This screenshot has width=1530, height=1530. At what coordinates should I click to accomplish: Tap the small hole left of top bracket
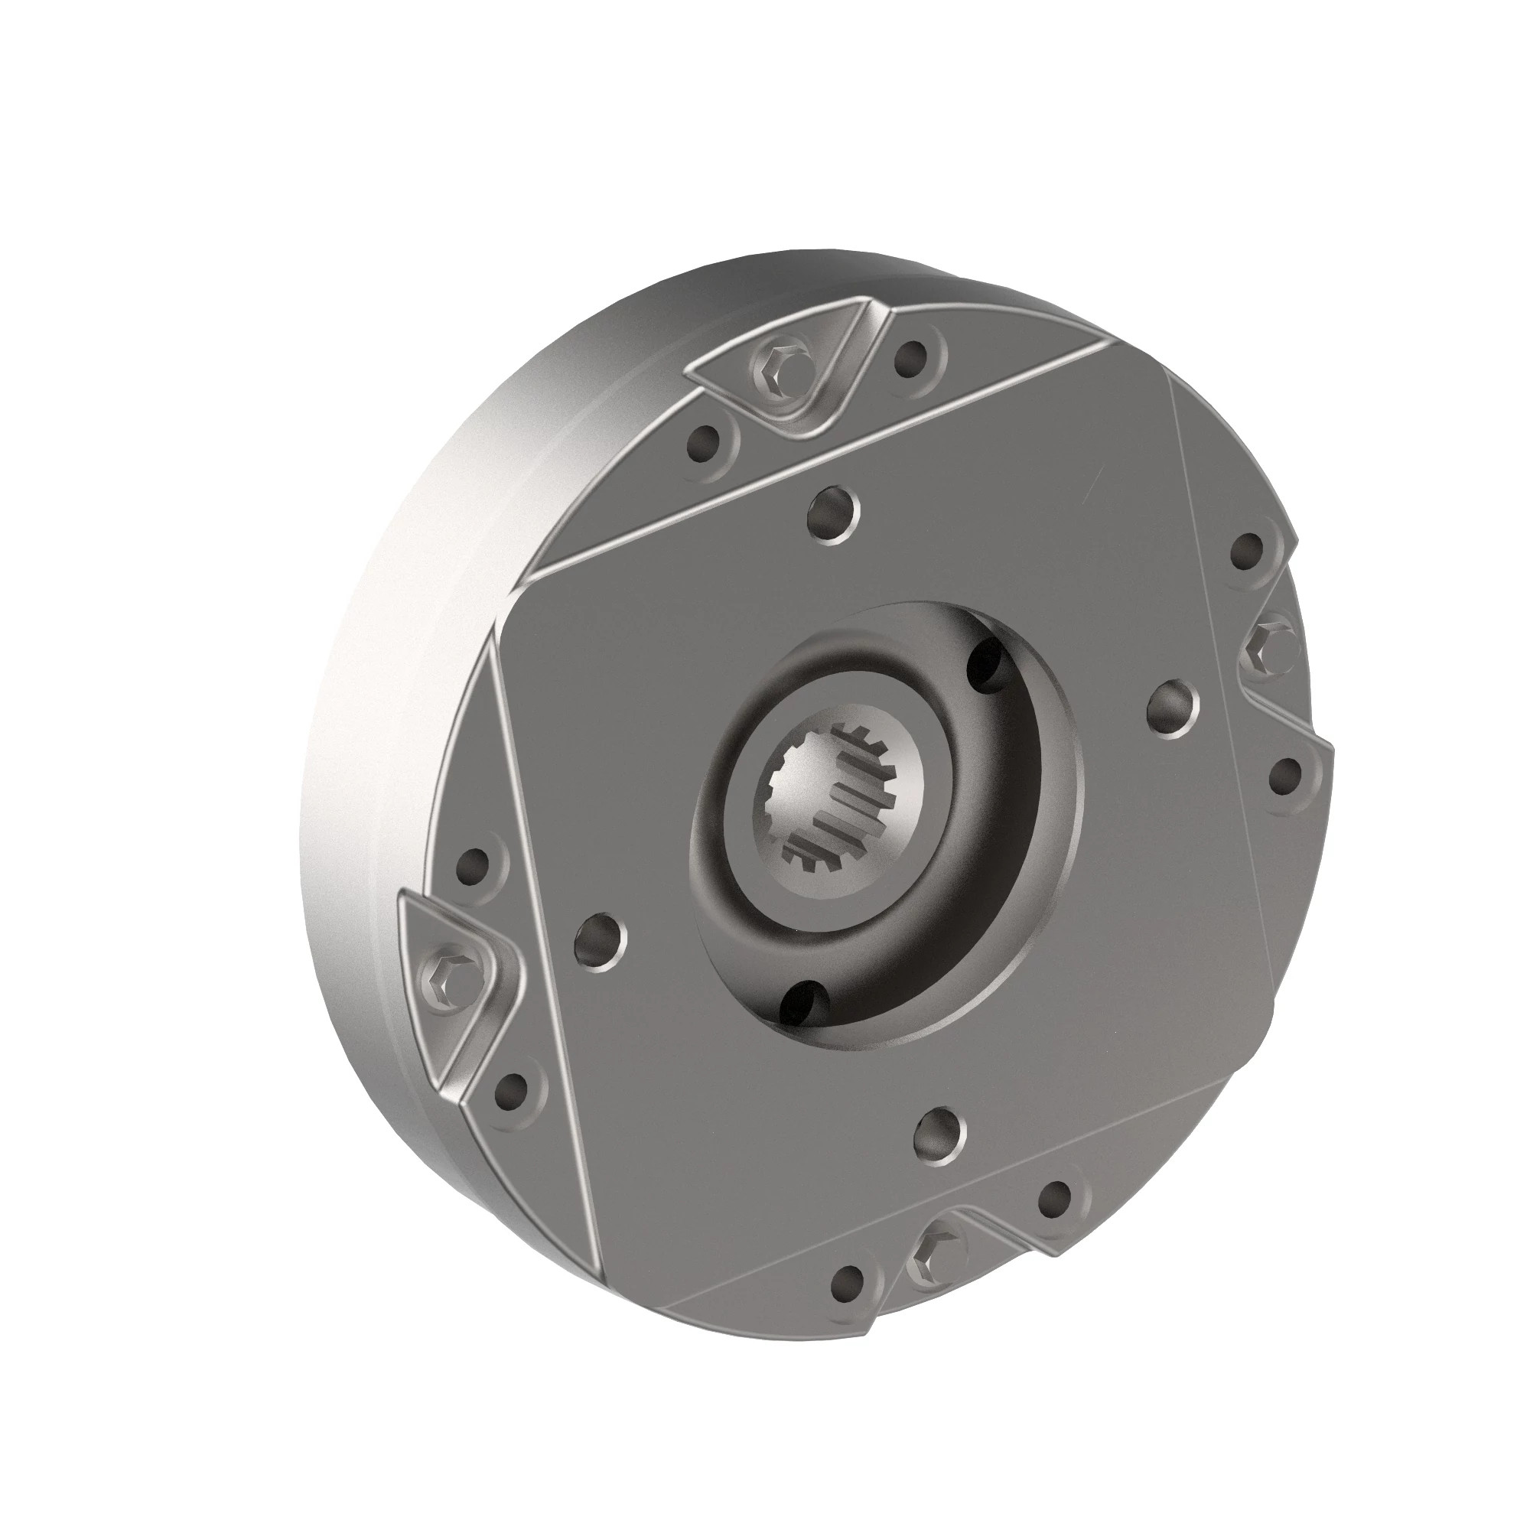[x=704, y=445]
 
